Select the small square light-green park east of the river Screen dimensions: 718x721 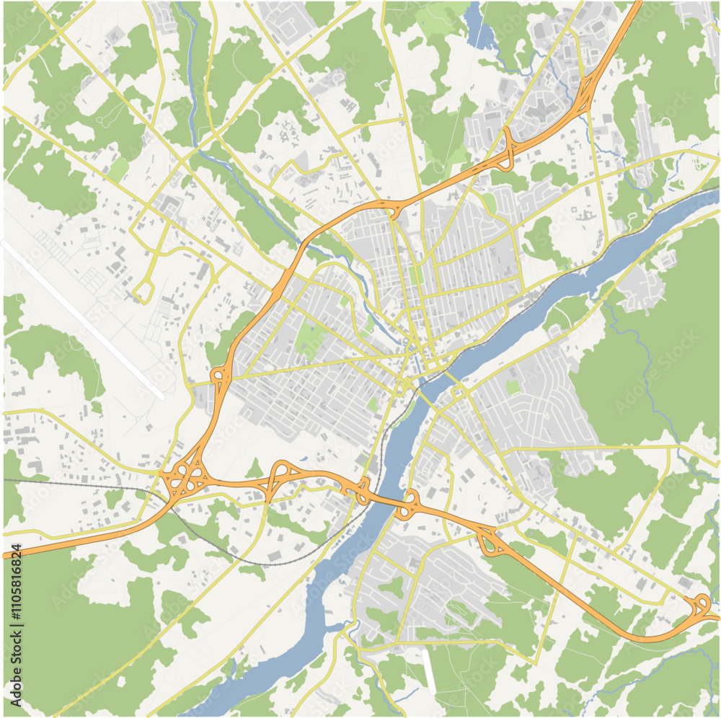(x=513, y=387)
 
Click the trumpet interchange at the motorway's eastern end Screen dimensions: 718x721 (x=699, y=606)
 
